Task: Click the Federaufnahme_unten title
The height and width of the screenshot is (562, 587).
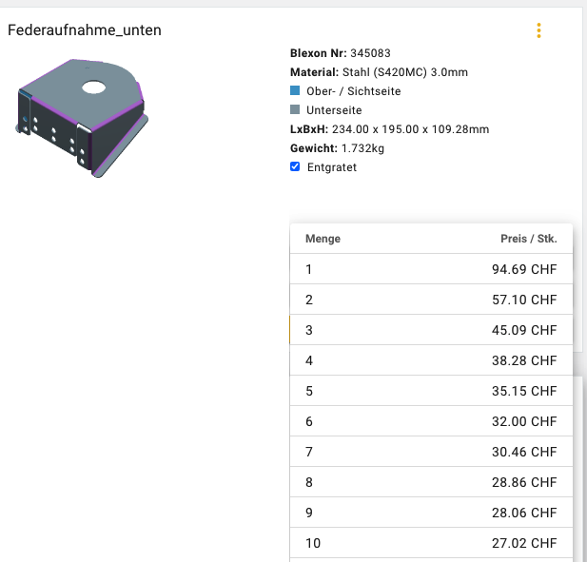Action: point(85,29)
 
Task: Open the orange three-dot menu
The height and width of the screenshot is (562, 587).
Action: point(538,30)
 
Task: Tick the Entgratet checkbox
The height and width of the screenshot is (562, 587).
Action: point(295,166)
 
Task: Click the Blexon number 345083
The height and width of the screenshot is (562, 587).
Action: point(370,53)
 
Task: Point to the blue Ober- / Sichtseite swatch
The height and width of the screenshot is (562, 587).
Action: point(295,90)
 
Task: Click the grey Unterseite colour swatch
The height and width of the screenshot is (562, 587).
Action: point(295,109)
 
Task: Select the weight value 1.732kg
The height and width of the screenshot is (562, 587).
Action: point(362,148)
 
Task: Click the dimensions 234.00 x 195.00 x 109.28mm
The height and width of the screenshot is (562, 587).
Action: point(410,129)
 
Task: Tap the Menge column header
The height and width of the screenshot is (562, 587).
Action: point(323,239)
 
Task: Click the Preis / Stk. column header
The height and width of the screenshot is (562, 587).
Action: point(529,239)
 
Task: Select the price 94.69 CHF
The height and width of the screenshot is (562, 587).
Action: point(524,269)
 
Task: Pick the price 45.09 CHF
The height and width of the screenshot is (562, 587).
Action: point(524,330)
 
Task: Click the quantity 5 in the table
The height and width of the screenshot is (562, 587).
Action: point(309,392)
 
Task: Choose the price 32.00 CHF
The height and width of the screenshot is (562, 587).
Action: point(524,421)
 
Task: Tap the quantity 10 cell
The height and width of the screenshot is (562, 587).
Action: point(313,543)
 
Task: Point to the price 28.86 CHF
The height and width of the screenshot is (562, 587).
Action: point(524,483)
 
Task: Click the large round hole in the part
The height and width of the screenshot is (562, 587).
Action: point(93,87)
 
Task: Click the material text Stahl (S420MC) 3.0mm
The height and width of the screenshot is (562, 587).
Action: point(405,72)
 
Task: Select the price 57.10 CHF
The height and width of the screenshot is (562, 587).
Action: point(524,300)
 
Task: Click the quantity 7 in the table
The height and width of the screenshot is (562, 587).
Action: point(309,452)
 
